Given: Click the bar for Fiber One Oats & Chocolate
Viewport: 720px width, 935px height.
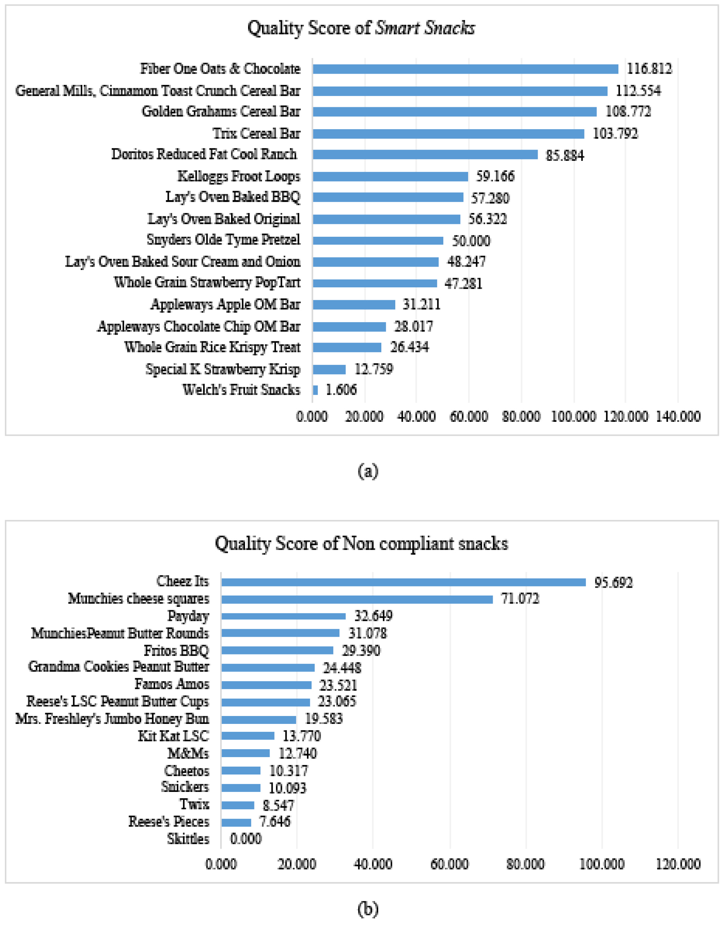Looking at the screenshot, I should coord(465,69).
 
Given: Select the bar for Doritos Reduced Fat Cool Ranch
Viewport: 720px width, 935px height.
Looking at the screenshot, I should coord(425,154).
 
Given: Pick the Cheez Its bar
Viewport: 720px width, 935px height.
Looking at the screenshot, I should coord(403,582).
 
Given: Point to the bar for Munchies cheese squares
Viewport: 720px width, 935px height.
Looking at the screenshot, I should coord(357,599).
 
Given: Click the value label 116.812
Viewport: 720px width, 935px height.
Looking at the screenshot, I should coord(649,69).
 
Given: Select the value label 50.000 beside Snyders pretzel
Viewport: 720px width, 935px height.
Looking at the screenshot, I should coord(471,241).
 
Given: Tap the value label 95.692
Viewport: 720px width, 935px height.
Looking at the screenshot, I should coord(613,582).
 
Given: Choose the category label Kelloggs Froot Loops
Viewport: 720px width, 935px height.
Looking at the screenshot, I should coord(239,176).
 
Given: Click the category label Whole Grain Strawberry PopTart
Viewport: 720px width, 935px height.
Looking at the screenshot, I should coord(207,282).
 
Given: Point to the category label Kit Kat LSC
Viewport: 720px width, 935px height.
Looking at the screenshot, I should coord(173,736).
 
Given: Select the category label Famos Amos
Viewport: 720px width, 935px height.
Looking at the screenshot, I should coord(172,684).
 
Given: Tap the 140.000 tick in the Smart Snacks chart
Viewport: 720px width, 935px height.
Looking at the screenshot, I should coord(678,417).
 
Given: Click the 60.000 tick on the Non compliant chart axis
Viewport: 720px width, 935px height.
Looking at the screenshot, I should coord(449,864).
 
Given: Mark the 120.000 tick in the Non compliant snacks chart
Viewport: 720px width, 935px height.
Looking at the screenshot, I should coord(678,864).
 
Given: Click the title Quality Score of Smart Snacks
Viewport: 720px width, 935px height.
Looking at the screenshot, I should coord(361,28).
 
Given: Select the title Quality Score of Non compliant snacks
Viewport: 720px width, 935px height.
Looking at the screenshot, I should coord(361,544).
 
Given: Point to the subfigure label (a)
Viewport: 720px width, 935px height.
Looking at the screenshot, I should coord(367,471).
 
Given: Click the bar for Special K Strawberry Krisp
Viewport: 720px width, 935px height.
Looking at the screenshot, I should coord(329,369).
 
